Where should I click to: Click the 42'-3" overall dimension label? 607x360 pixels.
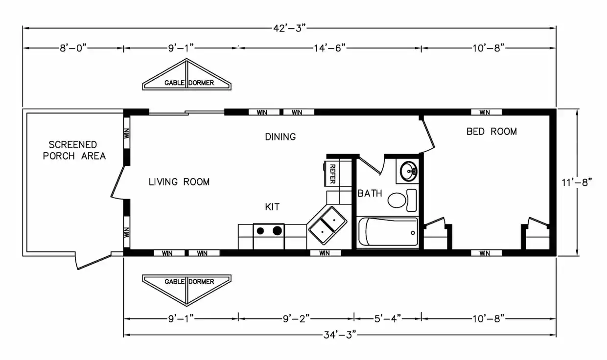coord(289,28)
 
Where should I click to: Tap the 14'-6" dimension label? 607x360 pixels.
coord(330,48)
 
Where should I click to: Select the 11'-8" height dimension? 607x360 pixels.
coord(577,182)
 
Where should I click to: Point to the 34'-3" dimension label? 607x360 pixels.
coord(340,335)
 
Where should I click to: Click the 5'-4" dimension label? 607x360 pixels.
coord(388,318)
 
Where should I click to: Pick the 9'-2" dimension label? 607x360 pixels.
coord(296,318)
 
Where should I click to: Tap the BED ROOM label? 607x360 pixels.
coord(491,132)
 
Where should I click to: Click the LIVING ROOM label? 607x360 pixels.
coord(179,181)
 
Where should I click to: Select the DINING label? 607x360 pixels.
coord(280,136)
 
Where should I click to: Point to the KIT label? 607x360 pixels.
coord(272,207)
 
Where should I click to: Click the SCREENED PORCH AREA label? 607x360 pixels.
coord(74,150)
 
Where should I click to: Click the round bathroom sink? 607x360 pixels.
coord(408,171)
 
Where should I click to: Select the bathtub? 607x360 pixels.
coord(388,232)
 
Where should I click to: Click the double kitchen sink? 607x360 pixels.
coord(328,225)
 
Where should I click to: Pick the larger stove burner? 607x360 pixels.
coord(277,230)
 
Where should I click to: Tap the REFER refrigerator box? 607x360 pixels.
coord(331,174)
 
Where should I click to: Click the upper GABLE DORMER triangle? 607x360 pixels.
coord(187,74)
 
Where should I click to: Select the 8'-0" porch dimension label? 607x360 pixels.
coord(73,48)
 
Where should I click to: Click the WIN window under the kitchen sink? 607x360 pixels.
coord(325,253)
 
